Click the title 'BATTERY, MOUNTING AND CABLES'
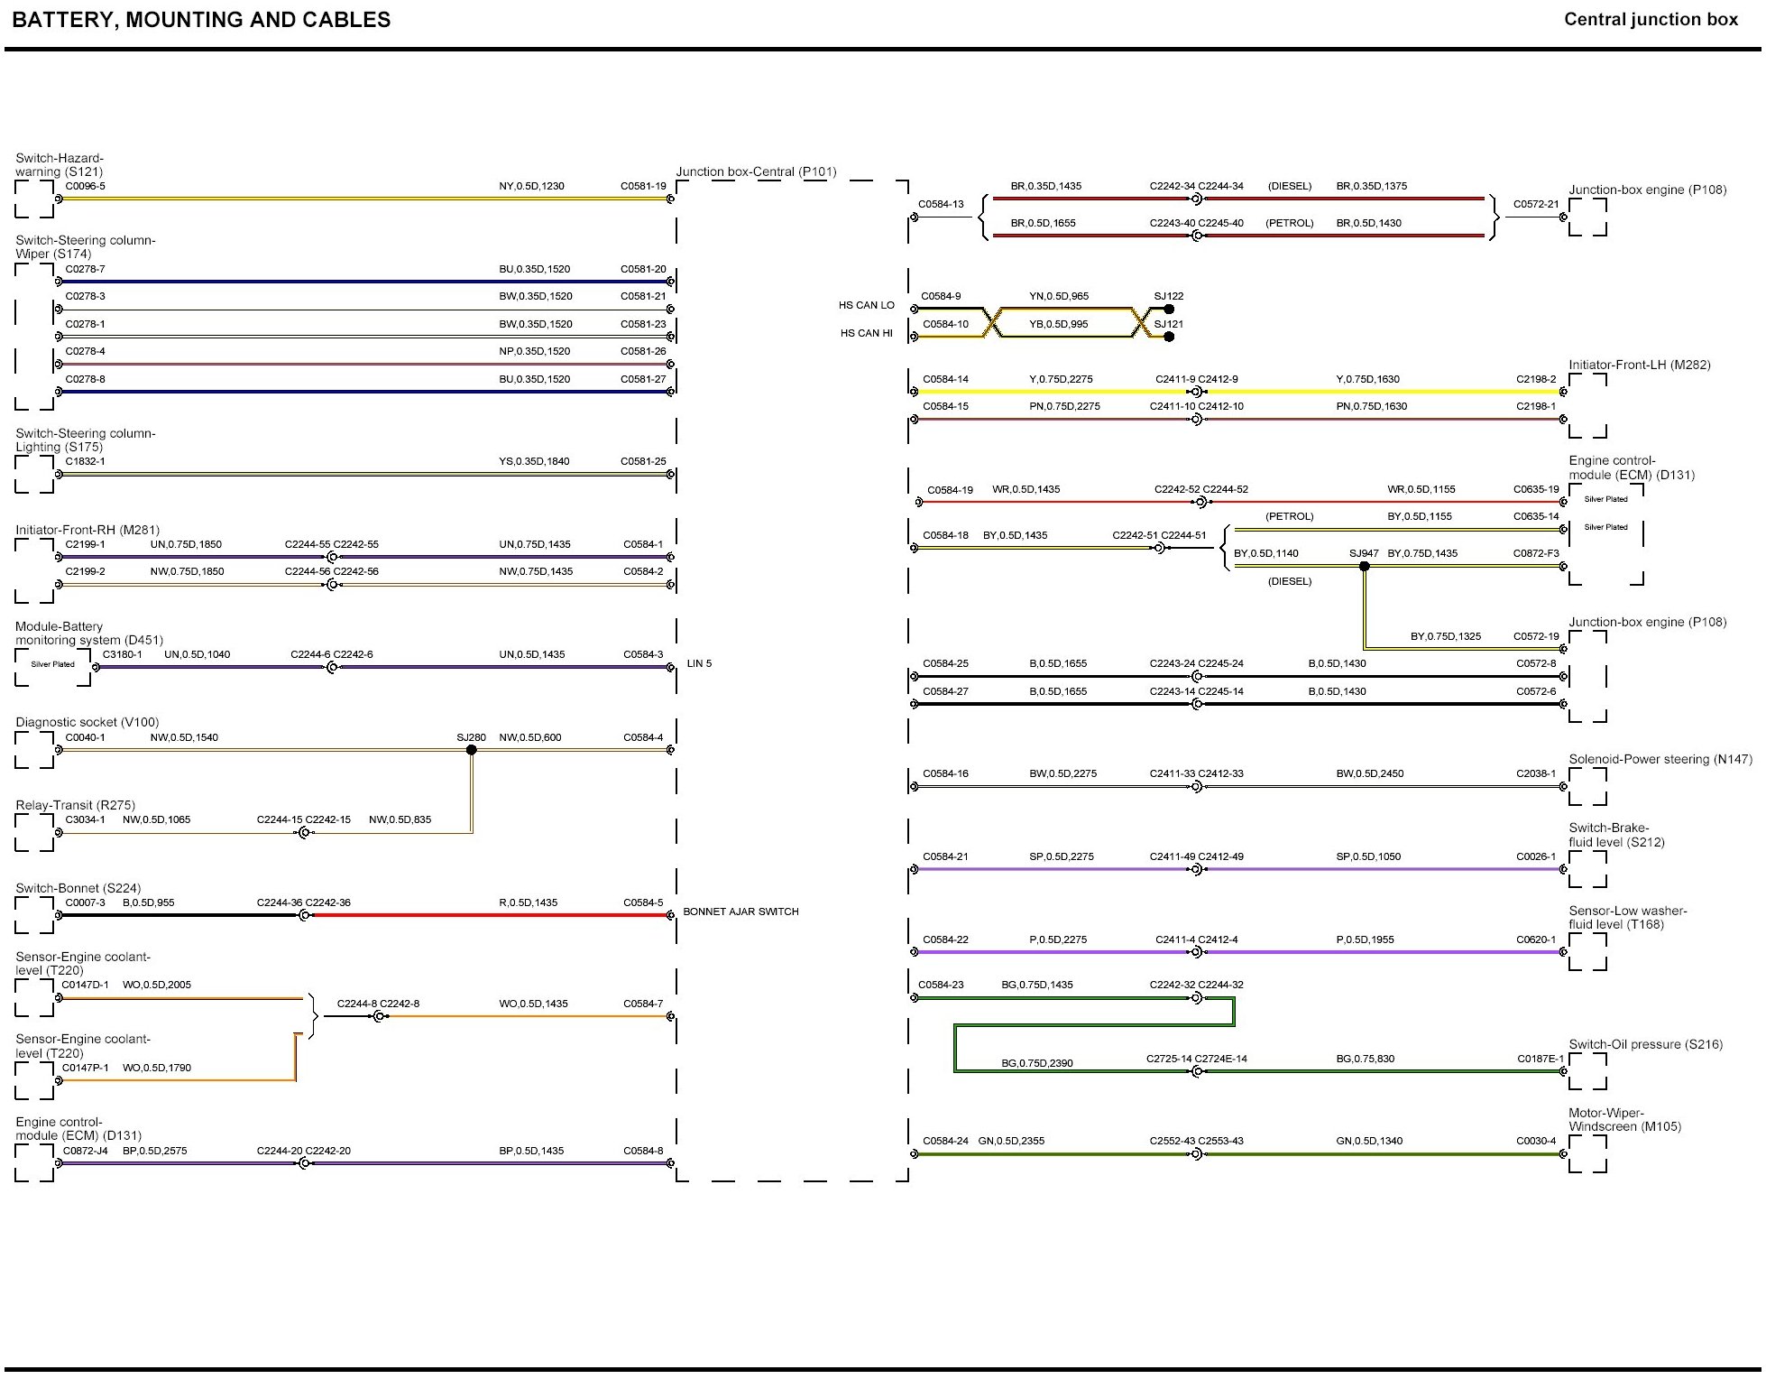click(x=201, y=20)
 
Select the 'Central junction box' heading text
click(x=1650, y=19)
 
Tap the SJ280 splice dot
click(x=471, y=750)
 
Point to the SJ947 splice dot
click(x=1364, y=567)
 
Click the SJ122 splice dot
click(x=1169, y=309)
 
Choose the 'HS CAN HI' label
click(x=866, y=333)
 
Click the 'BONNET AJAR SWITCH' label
click(x=740, y=912)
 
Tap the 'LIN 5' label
click(x=699, y=663)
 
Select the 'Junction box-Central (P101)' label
click(x=756, y=171)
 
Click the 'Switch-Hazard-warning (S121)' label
click(x=60, y=165)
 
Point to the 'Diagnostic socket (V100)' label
click(x=87, y=722)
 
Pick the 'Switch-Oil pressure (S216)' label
click(x=1645, y=1044)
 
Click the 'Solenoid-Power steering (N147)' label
click(x=1660, y=759)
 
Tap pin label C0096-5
click(x=85, y=186)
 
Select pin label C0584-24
click(x=944, y=1141)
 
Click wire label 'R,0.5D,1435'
click(x=528, y=902)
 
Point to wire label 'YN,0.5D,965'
click(x=1058, y=296)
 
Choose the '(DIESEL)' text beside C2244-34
click(x=1289, y=186)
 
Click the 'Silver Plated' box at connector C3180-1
click(x=52, y=664)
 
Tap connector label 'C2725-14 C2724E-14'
click(x=1196, y=1059)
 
